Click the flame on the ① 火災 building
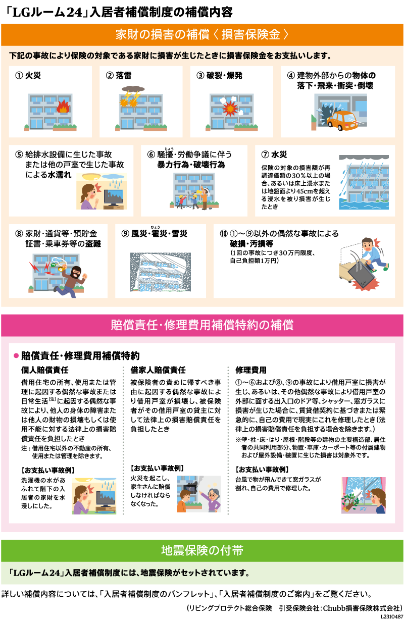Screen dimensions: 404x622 [63, 106]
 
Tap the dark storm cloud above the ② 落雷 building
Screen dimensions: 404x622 [133, 89]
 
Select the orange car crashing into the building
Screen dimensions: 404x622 [342, 121]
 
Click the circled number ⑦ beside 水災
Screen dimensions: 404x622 [265, 154]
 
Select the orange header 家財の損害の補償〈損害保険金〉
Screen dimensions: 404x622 [202, 35]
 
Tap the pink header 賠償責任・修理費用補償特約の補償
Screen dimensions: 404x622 [202, 325]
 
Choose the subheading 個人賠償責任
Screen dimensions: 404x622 [45, 370]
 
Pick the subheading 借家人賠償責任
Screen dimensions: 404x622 [158, 370]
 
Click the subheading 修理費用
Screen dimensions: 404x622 [250, 370]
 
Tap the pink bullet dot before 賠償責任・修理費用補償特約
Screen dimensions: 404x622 [16, 356]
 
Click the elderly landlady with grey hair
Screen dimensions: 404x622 [212, 498]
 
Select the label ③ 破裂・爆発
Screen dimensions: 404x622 [219, 76]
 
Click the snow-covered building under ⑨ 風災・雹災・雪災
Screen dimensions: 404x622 [161, 272]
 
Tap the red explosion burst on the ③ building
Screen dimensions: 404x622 [230, 108]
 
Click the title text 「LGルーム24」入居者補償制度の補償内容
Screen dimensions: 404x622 [119, 13]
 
